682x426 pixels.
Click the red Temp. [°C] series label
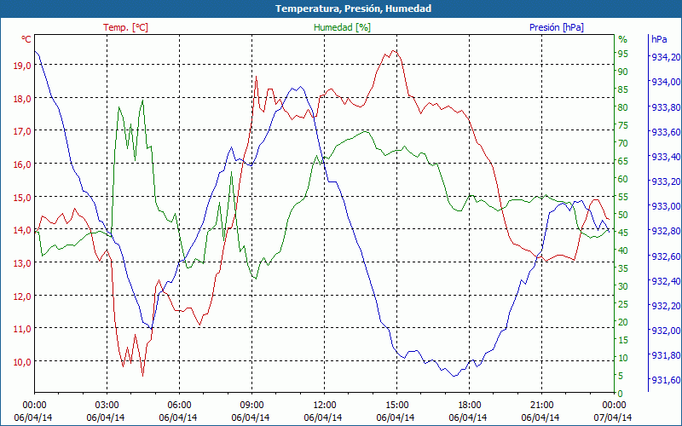[x=125, y=27]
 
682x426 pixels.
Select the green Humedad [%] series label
[x=342, y=27]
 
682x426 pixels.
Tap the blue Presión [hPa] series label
[x=556, y=27]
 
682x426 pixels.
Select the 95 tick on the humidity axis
[x=622, y=54]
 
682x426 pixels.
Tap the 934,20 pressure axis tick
[x=665, y=57]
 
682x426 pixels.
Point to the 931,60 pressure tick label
[x=665, y=380]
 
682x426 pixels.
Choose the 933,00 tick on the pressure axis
[x=665, y=206]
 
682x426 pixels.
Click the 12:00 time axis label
[x=325, y=404]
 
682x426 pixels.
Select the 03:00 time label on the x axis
[x=107, y=404]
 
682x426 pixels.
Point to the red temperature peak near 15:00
[x=393, y=50]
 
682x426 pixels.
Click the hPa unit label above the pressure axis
[x=658, y=39]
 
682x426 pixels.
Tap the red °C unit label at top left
[x=26, y=39]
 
